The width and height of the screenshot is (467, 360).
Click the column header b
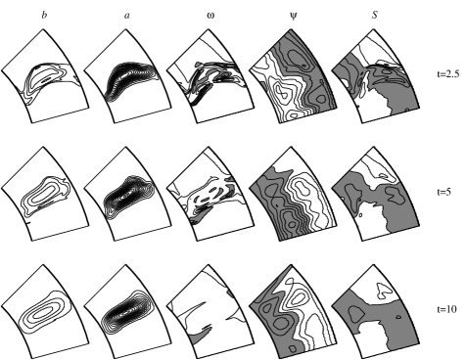pyautogui.click(x=44, y=15)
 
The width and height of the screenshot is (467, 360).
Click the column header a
pyautogui.click(x=127, y=16)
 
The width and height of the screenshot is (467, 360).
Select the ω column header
pyautogui.click(x=210, y=16)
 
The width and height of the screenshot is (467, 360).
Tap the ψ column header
pyautogui.click(x=294, y=16)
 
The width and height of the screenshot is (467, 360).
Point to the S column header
pyautogui.click(x=375, y=15)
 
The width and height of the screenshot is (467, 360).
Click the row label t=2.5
pyautogui.click(x=448, y=74)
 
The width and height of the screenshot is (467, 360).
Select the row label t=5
pyautogui.click(x=444, y=192)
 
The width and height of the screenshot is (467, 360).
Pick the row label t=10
pyautogui.click(x=446, y=309)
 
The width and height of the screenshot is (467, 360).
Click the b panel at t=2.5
pyautogui.click(x=45, y=76)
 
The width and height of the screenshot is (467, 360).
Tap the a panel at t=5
pyautogui.click(x=127, y=194)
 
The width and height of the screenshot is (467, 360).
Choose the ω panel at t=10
pyautogui.click(x=210, y=311)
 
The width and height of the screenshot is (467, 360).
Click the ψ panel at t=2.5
pyautogui.click(x=293, y=76)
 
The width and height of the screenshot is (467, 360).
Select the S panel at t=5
pyautogui.click(x=376, y=194)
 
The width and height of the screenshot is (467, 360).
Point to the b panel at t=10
pyautogui.click(x=45, y=311)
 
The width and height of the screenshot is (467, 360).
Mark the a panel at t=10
pyautogui.click(x=127, y=311)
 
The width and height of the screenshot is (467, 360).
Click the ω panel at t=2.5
pyautogui.click(x=210, y=76)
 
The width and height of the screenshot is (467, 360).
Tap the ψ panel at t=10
pyautogui.click(x=293, y=311)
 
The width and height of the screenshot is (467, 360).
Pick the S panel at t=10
pyautogui.click(x=376, y=311)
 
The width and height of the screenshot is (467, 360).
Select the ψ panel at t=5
pyautogui.click(x=293, y=194)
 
